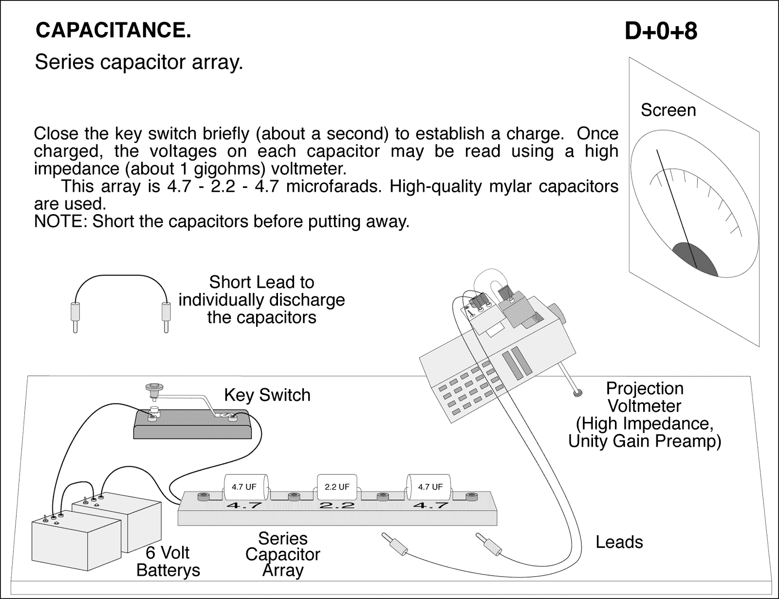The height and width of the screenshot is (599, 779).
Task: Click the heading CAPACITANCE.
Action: (x=113, y=31)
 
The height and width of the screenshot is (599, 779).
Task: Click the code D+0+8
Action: (x=661, y=32)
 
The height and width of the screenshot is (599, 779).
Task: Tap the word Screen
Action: (x=668, y=110)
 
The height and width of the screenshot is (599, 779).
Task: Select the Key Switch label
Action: (x=267, y=395)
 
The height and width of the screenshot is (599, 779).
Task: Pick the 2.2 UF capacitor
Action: (x=336, y=487)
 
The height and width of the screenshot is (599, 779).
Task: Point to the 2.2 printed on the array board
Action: (x=337, y=506)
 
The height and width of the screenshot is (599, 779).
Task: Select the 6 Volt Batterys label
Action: (x=168, y=562)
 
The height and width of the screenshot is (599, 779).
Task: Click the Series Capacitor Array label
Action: (x=283, y=554)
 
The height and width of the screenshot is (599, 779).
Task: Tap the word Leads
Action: (x=619, y=542)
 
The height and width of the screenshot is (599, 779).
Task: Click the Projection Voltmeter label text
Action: (x=645, y=415)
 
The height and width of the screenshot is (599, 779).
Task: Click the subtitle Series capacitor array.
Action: (x=139, y=62)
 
